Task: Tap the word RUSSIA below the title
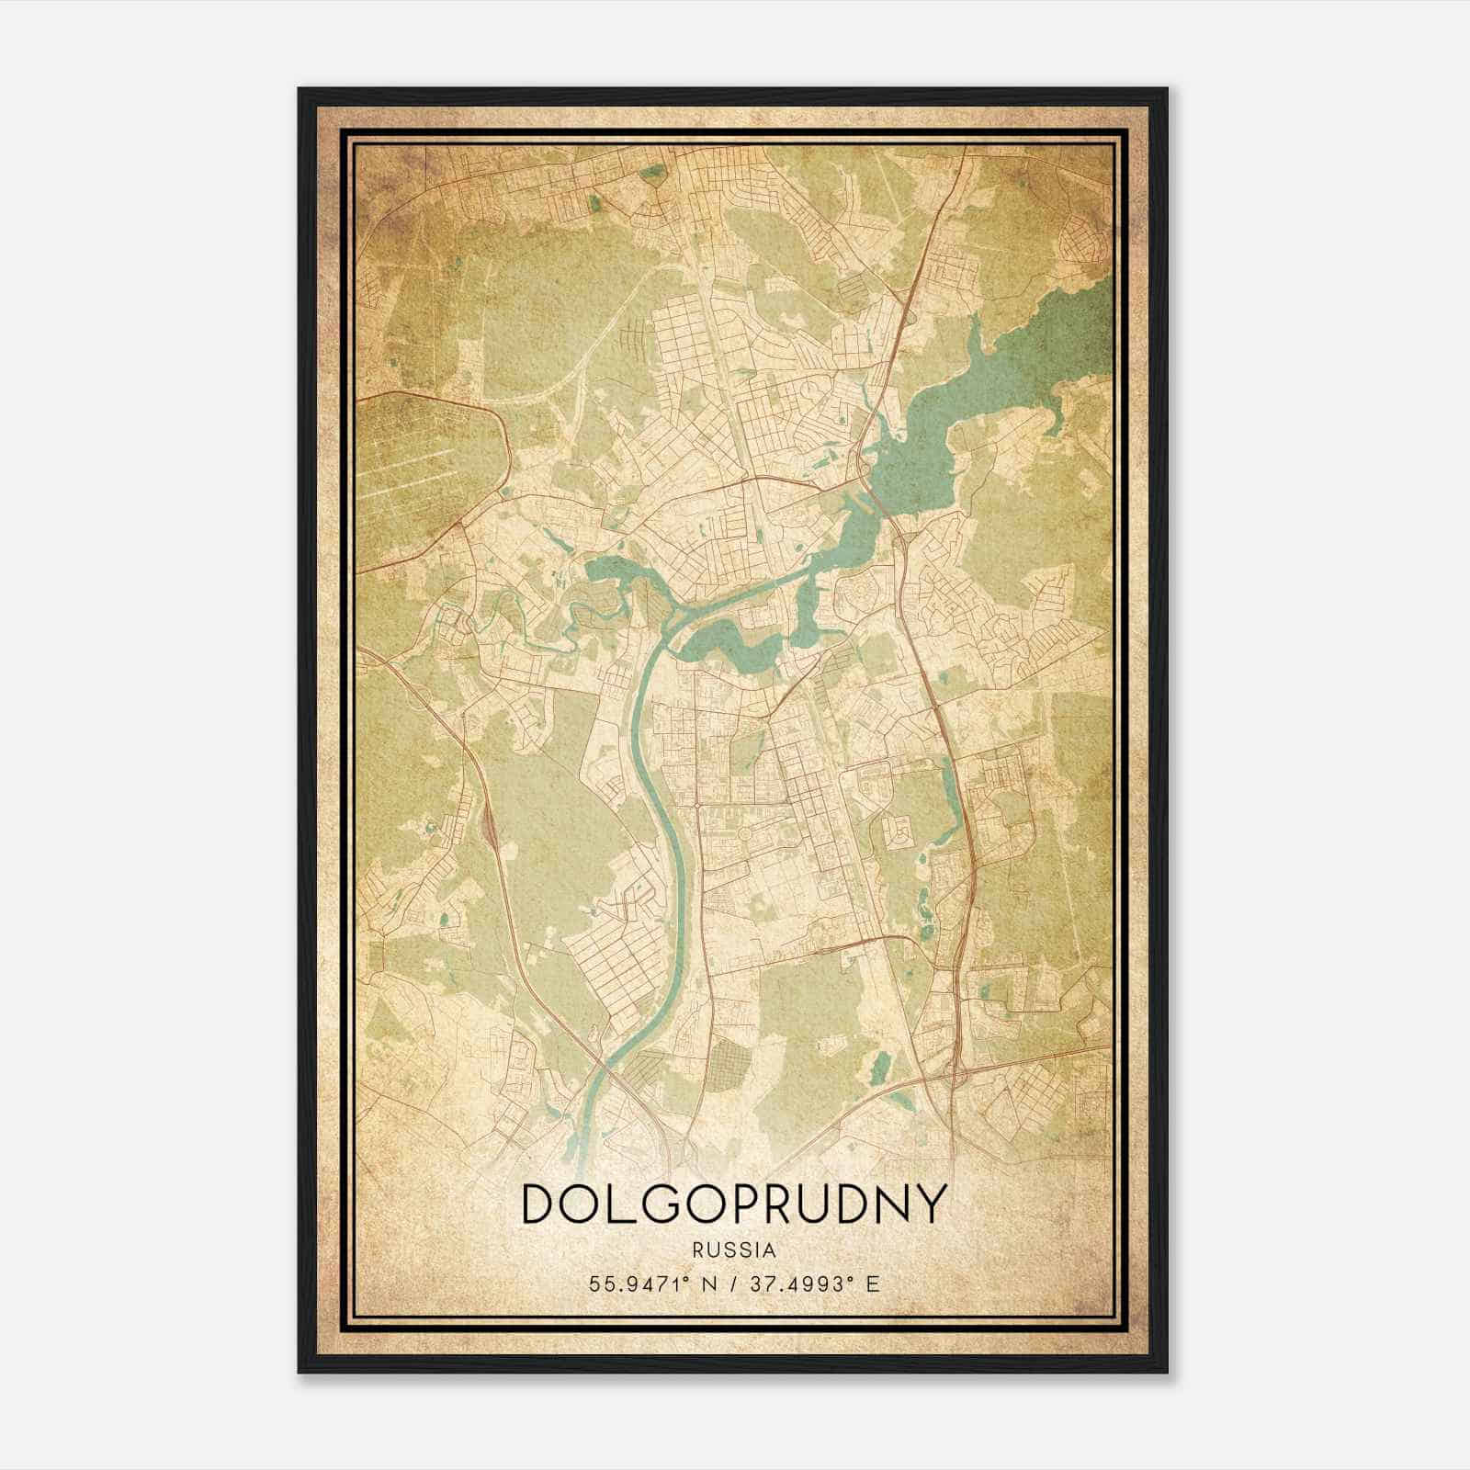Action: [x=734, y=1250]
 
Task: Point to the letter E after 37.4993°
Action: [x=874, y=1283]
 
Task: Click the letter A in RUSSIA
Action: [x=770, y=1250]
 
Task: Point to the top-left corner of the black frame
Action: [x=300, y=89]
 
